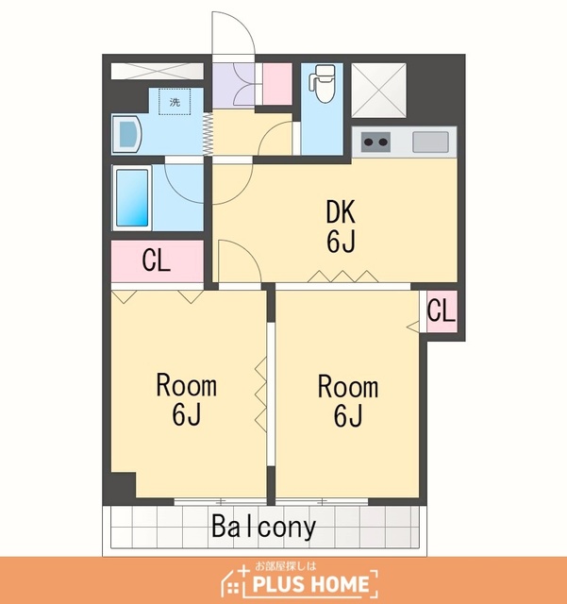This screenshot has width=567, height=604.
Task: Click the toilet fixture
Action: [323, 84]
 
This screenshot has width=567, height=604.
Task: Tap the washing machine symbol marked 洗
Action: [175, 102]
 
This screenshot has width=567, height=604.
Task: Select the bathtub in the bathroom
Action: [132, 197]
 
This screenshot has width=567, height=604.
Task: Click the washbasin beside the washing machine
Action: [127, 134]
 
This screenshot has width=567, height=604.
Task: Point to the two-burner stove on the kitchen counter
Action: [375, 142]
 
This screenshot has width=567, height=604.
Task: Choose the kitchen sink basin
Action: [430, 142]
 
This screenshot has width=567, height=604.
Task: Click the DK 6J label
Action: [341, 226]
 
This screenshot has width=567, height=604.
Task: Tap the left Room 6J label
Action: [187, 400]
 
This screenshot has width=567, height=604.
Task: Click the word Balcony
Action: [264, 527]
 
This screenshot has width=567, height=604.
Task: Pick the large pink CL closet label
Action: [156, 260]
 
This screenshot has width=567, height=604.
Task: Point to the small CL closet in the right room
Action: [442, 310]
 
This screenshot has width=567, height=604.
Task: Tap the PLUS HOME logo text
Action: [310, 584]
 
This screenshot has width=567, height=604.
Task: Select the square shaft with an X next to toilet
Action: [379, 91]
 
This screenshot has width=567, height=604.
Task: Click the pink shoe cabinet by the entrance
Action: [277, 84]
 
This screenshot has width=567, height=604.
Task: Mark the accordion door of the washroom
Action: [208, 133]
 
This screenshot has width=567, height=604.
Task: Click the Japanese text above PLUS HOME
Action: [286, 566]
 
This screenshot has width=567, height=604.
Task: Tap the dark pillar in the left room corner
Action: [124, 484]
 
